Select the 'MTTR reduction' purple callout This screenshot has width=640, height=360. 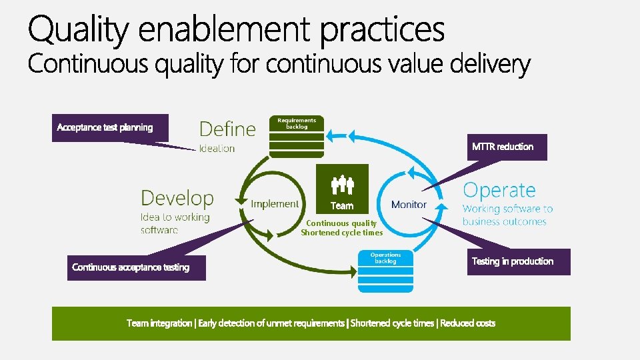(507, 147)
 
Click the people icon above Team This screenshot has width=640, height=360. (342, 183)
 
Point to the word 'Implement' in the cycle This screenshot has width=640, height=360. (275, 204)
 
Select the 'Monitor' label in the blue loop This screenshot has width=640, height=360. (409, 205)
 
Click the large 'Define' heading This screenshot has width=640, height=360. (227, 129)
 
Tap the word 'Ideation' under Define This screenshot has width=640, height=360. (217, 149)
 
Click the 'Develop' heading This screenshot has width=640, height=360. (177, 198)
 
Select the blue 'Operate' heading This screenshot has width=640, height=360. (499, 191)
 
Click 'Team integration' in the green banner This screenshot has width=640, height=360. (159, 323)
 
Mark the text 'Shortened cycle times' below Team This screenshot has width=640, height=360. (342, 233)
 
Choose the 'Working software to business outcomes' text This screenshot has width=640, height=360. (507, 215)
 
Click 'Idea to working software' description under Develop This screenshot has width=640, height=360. (175, 223)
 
